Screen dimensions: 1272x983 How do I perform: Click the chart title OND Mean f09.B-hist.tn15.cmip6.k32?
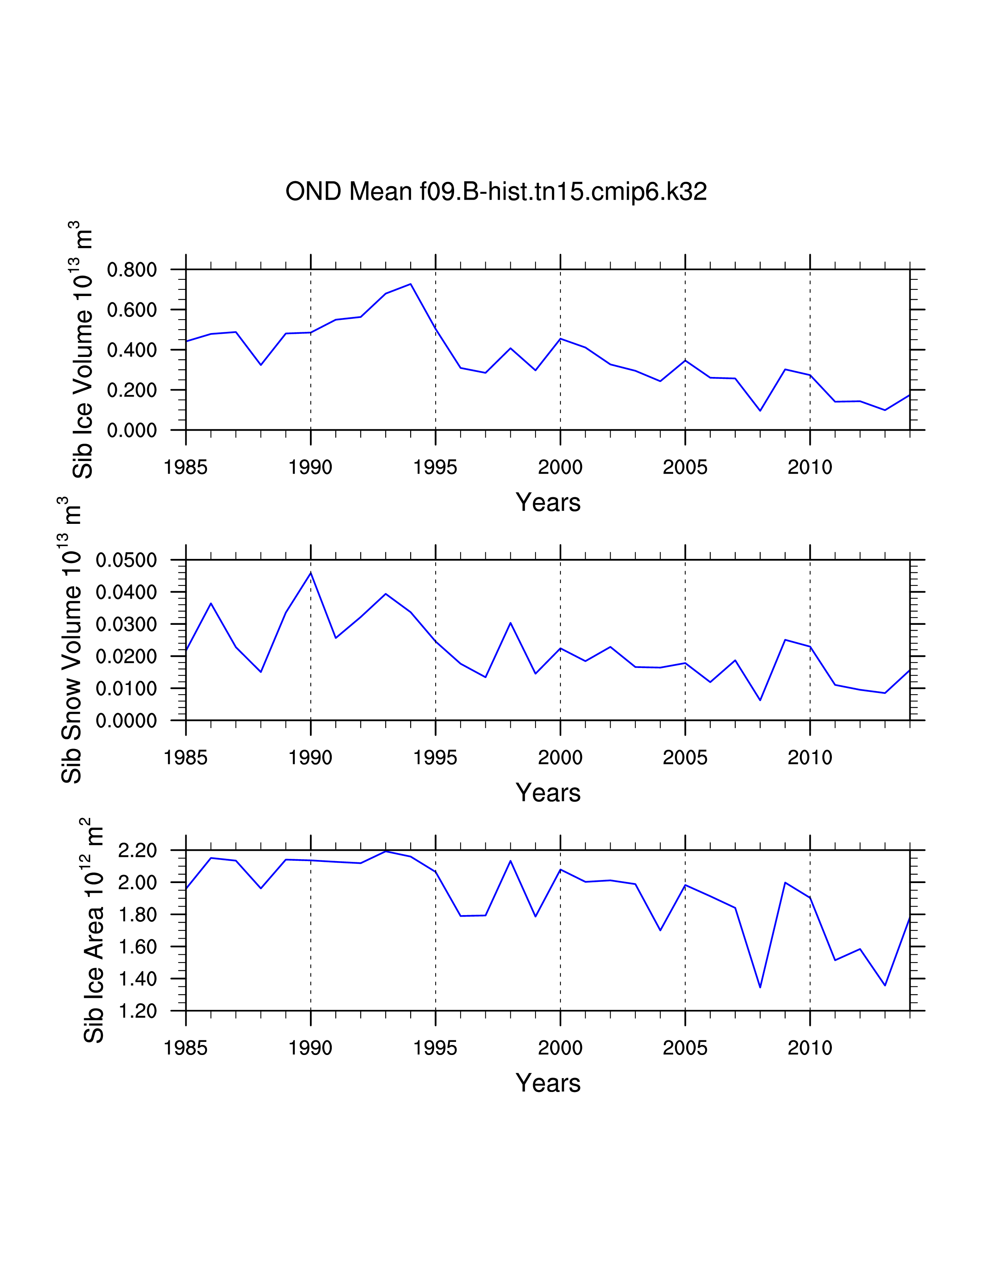coord(496,192)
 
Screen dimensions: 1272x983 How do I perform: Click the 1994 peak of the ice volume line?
coord(411,284)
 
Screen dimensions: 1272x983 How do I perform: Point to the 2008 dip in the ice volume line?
coord(760,411)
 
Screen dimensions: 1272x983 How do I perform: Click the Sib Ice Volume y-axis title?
coord(83,350)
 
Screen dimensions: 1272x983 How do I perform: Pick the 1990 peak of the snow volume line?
coord(311,572)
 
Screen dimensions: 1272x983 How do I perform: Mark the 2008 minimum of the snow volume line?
coord(760,700)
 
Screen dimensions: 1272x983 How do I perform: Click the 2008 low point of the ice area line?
coord(760,987)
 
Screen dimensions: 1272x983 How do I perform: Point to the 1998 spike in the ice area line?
coord(511,861)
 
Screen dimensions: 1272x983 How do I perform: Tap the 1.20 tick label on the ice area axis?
coord(138,1011)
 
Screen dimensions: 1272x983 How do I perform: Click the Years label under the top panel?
coord(548,502)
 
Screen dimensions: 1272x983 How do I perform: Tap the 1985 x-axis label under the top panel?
coord(186,467)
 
